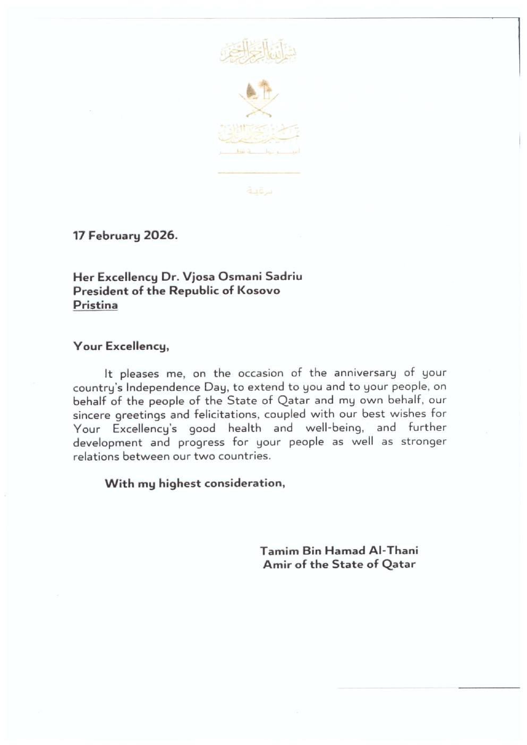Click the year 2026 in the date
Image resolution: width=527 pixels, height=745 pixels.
(x=159, y=236)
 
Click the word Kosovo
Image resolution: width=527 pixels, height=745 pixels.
(x=258, y=291)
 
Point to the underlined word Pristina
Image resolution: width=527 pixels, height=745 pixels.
(x=95, y=305)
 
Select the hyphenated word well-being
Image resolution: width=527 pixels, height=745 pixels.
(x=335, y=428)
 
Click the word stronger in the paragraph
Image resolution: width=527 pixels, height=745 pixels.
(x=423, y=442)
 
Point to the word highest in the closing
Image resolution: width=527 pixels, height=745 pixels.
(x=180, y=483)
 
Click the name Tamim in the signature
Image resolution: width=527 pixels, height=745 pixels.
(x=279, y=551)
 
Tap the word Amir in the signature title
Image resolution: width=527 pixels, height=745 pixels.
(x=277, y=565)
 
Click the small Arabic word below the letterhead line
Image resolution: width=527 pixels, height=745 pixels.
(x=260, y=190)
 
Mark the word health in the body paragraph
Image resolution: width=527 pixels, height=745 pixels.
(x=244, y=428)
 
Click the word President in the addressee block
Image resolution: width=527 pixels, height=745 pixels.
(x=100, y=291)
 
